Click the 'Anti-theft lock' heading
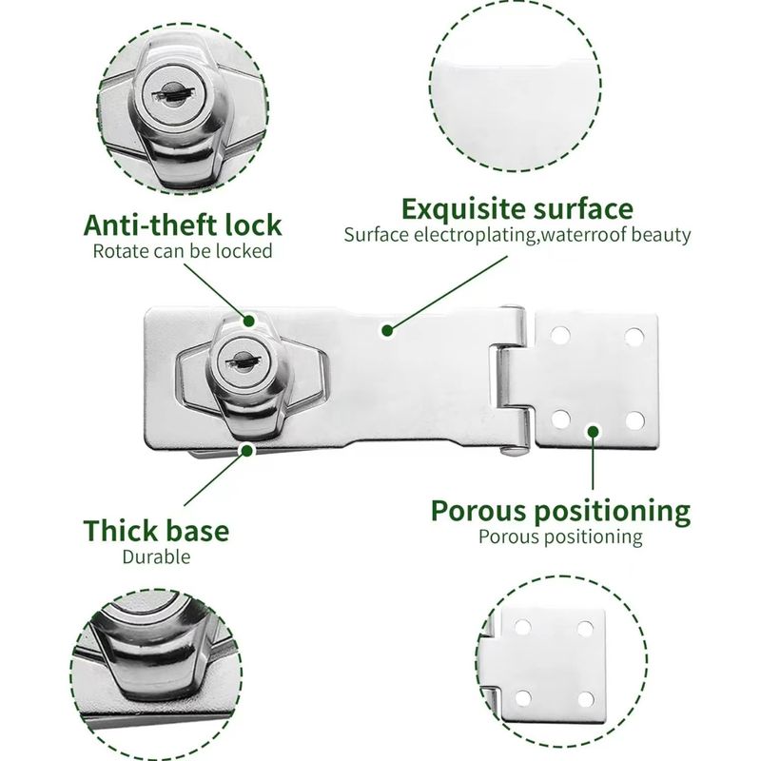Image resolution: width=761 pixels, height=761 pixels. tap(183, 225)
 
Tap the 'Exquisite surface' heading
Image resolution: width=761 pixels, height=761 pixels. tap(517, 209)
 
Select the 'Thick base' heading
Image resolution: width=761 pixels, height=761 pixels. tap(156, 531)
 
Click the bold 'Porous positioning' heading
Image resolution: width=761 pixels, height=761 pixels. tap(560, 511)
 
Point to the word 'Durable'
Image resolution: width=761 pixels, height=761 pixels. tap(156, 556)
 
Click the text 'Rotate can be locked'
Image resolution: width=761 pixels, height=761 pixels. tap(183, 251)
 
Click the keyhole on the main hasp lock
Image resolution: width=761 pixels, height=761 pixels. tap(241, 361)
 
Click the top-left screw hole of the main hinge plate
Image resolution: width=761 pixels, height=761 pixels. tap(560, 336)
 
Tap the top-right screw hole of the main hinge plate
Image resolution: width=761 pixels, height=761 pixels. tap(634, 337)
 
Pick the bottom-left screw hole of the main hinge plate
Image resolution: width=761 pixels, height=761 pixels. tap(560, 420)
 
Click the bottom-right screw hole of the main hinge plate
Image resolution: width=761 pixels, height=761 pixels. tap(634, 420)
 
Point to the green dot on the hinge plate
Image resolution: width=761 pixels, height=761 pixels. tap(593, 431)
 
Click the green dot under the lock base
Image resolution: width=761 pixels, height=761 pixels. tap(247, 450)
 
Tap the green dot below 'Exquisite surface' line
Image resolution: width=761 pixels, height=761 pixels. tap(387, 330)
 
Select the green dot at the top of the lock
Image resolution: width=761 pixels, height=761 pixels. tap(249, 321)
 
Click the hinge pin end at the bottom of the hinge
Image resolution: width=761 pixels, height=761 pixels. tap(514, 450)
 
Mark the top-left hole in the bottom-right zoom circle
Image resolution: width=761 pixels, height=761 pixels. tap(522, 627)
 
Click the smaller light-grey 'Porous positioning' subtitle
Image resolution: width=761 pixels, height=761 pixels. tap(560, 537)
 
